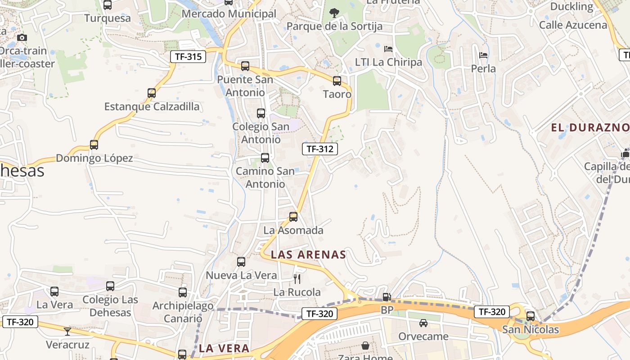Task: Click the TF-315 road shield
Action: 188,57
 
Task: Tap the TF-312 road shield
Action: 320,149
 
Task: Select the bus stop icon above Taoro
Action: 337,81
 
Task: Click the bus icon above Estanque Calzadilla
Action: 152,93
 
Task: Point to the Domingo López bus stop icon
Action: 94,145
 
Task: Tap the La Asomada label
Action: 293,230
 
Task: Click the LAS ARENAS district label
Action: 308,255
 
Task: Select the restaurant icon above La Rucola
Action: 297,279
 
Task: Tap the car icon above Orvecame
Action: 423,323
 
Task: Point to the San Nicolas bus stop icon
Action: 531,316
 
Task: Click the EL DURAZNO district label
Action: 590,127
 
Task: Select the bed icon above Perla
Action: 484,55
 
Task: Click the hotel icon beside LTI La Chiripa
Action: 388,49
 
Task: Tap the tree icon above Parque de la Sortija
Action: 334,13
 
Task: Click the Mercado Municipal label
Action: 229,14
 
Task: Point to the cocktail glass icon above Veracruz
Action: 67,332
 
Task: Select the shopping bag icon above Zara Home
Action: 365,346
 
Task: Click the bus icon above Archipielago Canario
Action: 183,292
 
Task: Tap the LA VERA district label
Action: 224,348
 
